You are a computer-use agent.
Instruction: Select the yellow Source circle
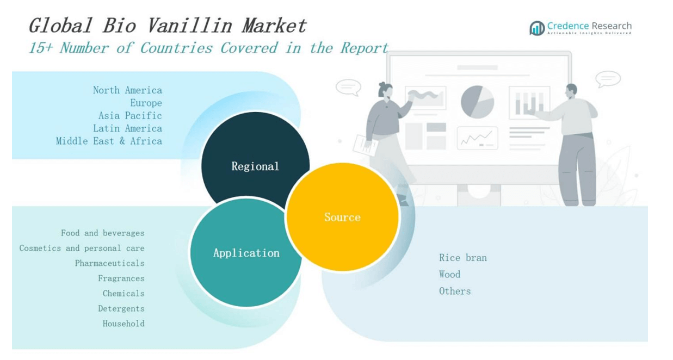342,217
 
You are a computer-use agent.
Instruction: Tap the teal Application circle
246,253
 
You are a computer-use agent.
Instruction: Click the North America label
127,90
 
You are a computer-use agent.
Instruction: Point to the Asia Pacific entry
130,116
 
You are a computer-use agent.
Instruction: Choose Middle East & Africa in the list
109,141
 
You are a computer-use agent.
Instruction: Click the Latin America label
127,128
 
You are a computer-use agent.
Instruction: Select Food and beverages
102,233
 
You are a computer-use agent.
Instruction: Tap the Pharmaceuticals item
109,263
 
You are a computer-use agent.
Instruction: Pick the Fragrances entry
121,278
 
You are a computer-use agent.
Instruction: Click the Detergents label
121,308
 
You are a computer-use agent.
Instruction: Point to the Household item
124,324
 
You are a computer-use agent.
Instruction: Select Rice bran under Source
462,258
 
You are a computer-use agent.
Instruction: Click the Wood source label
449,275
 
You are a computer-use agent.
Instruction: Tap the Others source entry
455,291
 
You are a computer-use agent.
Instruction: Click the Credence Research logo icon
537,28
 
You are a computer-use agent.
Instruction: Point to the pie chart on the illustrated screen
477,102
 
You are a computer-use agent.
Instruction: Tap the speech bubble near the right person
608,79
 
